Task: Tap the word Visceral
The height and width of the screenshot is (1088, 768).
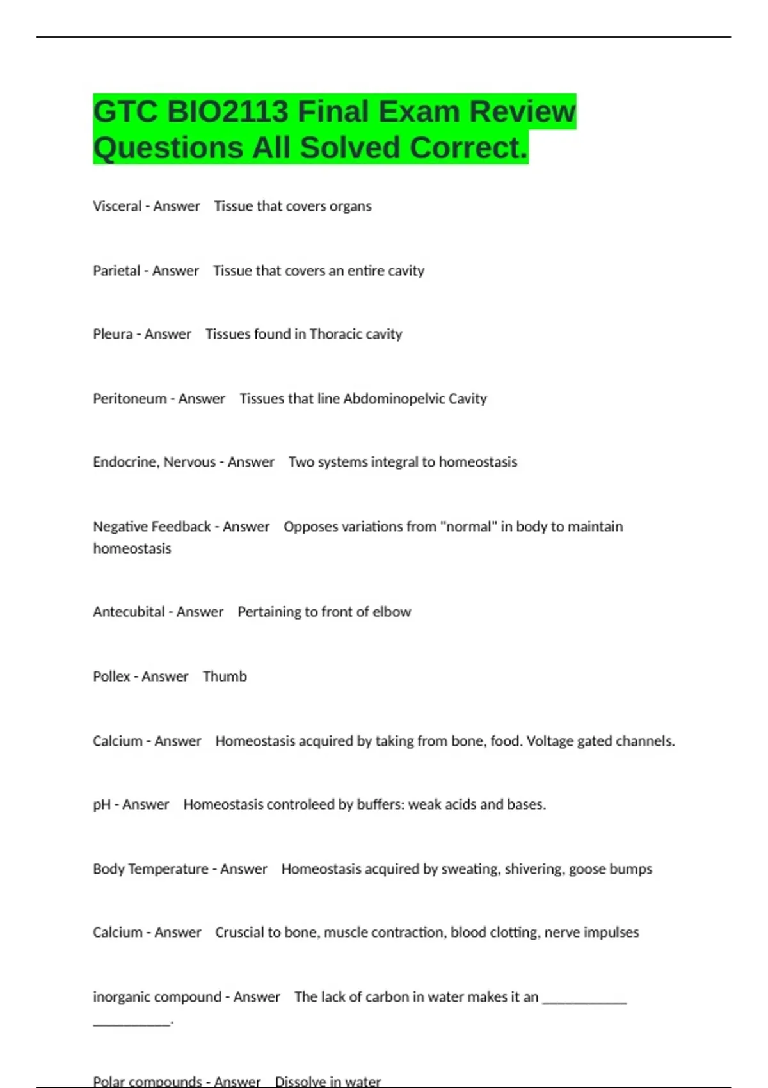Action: coord(117,206)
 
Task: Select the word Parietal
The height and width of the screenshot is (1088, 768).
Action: coord(116,271)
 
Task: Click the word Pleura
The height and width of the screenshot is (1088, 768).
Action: coord(113,334)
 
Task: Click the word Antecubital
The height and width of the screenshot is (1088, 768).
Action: coord(129,612)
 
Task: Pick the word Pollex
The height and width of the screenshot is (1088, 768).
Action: coord(111,676)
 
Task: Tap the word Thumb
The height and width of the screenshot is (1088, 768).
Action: coord(225,676)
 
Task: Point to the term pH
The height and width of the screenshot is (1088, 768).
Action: coord(102,804)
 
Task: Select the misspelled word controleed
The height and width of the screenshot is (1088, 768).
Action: coord(300,804)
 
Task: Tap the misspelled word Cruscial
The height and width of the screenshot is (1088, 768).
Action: coord(239,932)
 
